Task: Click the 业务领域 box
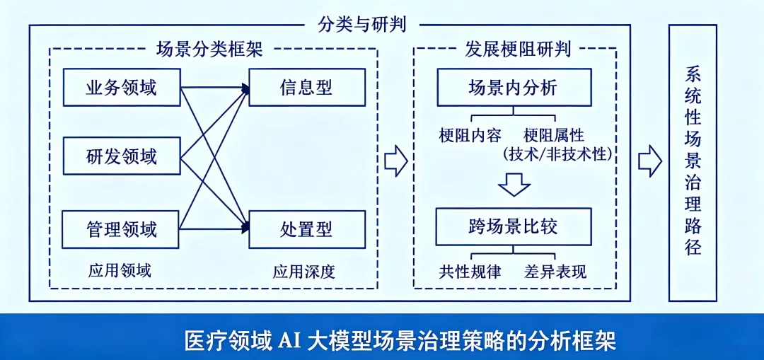[x=121, y=87]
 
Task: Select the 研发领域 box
[x=121, y=156]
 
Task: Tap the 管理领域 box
[x=121, y=229]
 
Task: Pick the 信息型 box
[x=306, y=87]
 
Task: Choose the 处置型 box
[x=306, y=229]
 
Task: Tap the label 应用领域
[x=120, y=270]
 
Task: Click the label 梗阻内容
[x=470, y=135]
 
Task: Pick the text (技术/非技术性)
[x=556, y=153]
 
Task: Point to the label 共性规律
[x=470, y=271]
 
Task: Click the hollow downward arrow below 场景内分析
[x=514, y=185]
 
